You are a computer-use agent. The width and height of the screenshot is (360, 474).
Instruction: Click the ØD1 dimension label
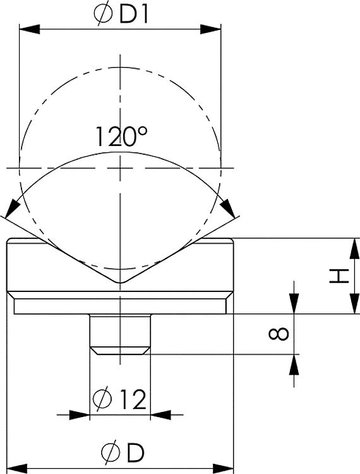[121, 16]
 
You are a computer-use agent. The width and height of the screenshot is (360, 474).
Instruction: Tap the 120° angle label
[121, 137]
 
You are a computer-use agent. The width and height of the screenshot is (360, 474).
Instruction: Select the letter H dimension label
[339, 276]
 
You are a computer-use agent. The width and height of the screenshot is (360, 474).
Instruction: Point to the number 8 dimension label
[279, 334]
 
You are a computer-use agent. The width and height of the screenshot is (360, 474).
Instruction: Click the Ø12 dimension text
[119, 399]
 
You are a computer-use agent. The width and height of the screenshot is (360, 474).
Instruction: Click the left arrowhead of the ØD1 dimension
[30, 30]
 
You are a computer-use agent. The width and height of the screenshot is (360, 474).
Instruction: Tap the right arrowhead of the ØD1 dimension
[210, 30]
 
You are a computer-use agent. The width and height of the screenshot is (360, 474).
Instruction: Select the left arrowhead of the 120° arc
[12, 209]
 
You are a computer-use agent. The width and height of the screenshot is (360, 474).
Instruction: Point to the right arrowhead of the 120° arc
[227, 209]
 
